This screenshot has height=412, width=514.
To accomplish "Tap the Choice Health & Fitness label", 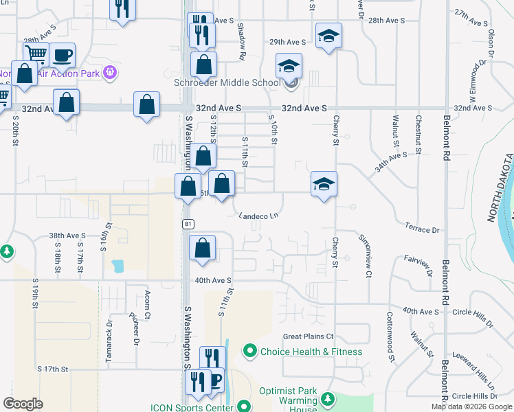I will click(311, 352).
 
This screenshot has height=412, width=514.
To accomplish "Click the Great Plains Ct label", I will click(308, 336).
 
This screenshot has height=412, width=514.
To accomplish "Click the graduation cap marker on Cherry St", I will click(324, 183).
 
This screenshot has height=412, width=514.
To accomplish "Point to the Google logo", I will click(23, 404).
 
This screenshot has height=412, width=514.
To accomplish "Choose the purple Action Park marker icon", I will click(109, 72).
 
